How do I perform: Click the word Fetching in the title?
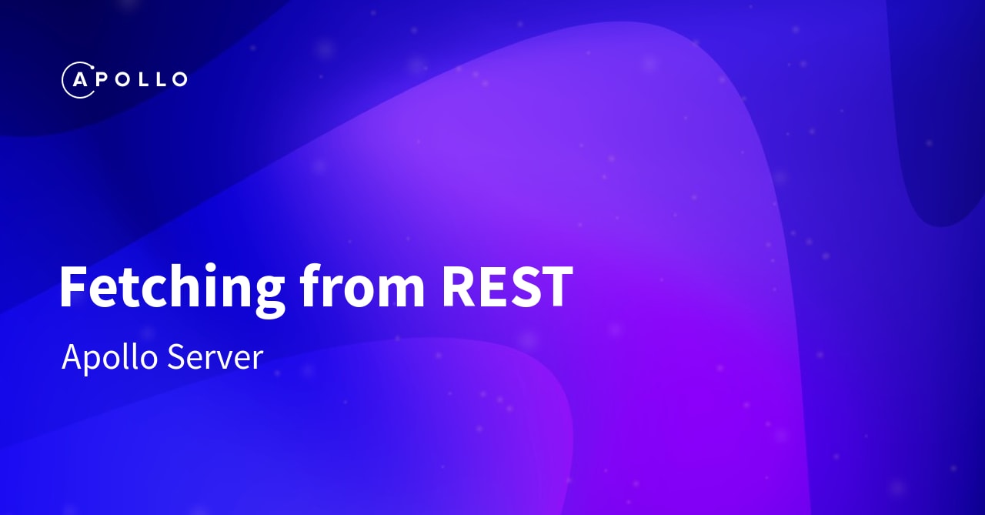172,287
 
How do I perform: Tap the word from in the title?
362,287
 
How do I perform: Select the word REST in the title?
507,287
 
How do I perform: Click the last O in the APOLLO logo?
178,79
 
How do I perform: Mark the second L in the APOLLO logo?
157,79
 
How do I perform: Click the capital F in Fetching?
72,287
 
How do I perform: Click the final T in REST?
556,287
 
